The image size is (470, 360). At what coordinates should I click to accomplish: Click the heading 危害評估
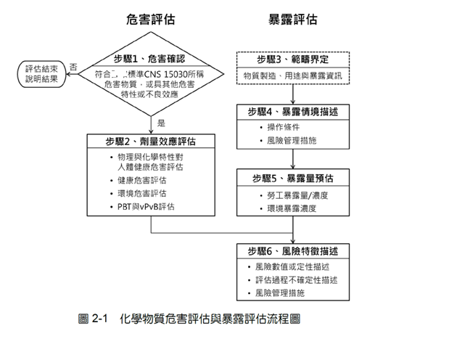point(150,20)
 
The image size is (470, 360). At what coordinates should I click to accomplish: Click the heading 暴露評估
point(293,20)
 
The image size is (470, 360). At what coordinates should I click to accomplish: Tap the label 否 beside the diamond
point(74,66)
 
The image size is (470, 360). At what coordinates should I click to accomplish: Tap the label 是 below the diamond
point(161,123)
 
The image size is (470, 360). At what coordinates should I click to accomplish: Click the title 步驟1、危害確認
point(150,58)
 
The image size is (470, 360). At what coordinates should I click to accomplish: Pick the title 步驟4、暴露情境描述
point(293,113)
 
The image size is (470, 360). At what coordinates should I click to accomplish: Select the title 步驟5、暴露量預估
point(293,178)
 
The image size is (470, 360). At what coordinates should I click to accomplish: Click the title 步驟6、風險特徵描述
point(293,252)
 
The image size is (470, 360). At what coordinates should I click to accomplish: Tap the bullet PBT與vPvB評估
point(146,207)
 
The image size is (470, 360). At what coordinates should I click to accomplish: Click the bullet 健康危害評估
point(141,179)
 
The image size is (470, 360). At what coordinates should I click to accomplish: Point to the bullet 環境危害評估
point(141,193)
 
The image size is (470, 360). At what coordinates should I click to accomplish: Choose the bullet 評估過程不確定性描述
point(297,280)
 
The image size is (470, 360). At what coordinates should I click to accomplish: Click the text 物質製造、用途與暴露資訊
point(293,75)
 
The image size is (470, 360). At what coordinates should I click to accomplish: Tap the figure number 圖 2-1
point(92,319)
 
